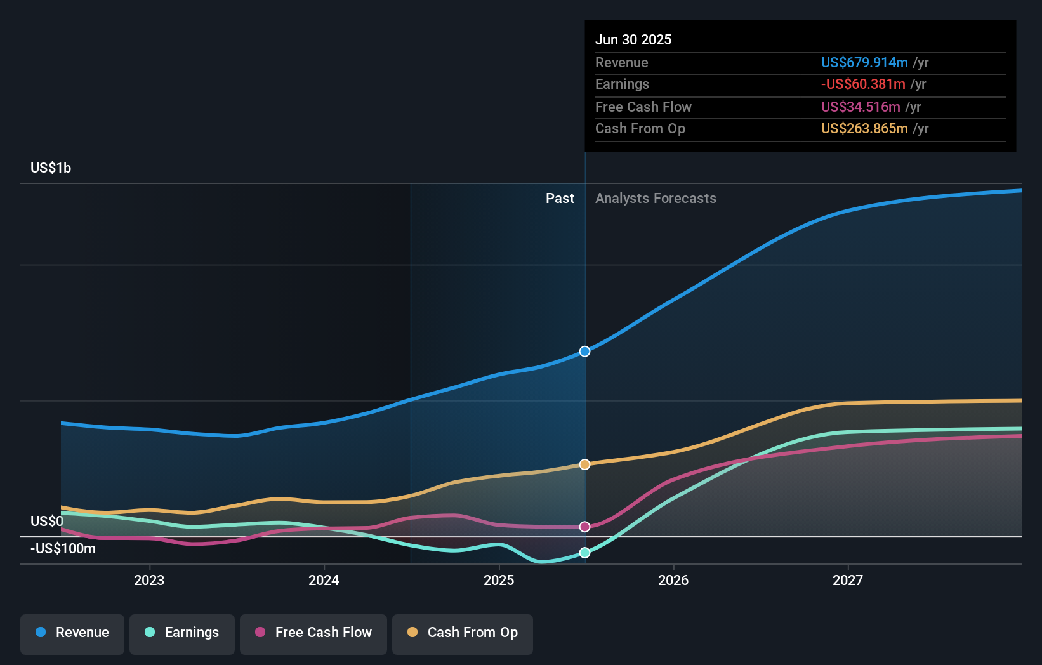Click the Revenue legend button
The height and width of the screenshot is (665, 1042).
pyautogui.click(x=72, y=633)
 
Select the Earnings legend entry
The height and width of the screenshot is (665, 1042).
pyautogui.click(x=182, y=633)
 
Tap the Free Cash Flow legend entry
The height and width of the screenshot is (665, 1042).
pyautogui.click(x=313, y=633)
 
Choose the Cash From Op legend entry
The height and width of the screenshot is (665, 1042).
pyautogui.click(x=463, y=633)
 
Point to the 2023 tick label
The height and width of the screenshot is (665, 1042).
pyautogui.click(x=149, y=580)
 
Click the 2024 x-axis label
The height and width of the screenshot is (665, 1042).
pyautogui.click(x=324, y=580)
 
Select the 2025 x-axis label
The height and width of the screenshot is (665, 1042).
pyautogui.click(x=499, y=580)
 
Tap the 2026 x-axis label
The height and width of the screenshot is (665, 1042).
pyautogui.click(x=673, y=580)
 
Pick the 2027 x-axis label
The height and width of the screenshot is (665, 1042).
pyautogui.click(x=848, y=580)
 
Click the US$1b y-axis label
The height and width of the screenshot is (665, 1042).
pyautogui.click(x=51, y=168)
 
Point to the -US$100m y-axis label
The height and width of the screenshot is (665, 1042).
pyautogui.click(x=63, y=548)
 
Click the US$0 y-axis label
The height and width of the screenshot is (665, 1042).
pyautogui.click(x=47, y=521)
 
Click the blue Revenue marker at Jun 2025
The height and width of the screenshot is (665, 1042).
pyautogui.click(x=585, y=352)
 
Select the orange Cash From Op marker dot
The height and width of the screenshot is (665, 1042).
pyautogui.click(x=585, y=464)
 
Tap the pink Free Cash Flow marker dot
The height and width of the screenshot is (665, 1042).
pyautogui.click(x=585, y=527)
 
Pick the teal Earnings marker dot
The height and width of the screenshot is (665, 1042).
pyautogui.click(x=585, y=553)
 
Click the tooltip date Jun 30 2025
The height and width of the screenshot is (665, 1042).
pyautogui.click(x=633, y=39)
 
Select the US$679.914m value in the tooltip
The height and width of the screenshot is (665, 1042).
pyautogui.click(x=864, y=62)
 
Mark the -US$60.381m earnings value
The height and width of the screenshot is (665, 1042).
pyautogui.click(x=863, y=84)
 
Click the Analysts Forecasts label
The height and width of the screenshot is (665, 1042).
pyautogui.click(x=656, y=198)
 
